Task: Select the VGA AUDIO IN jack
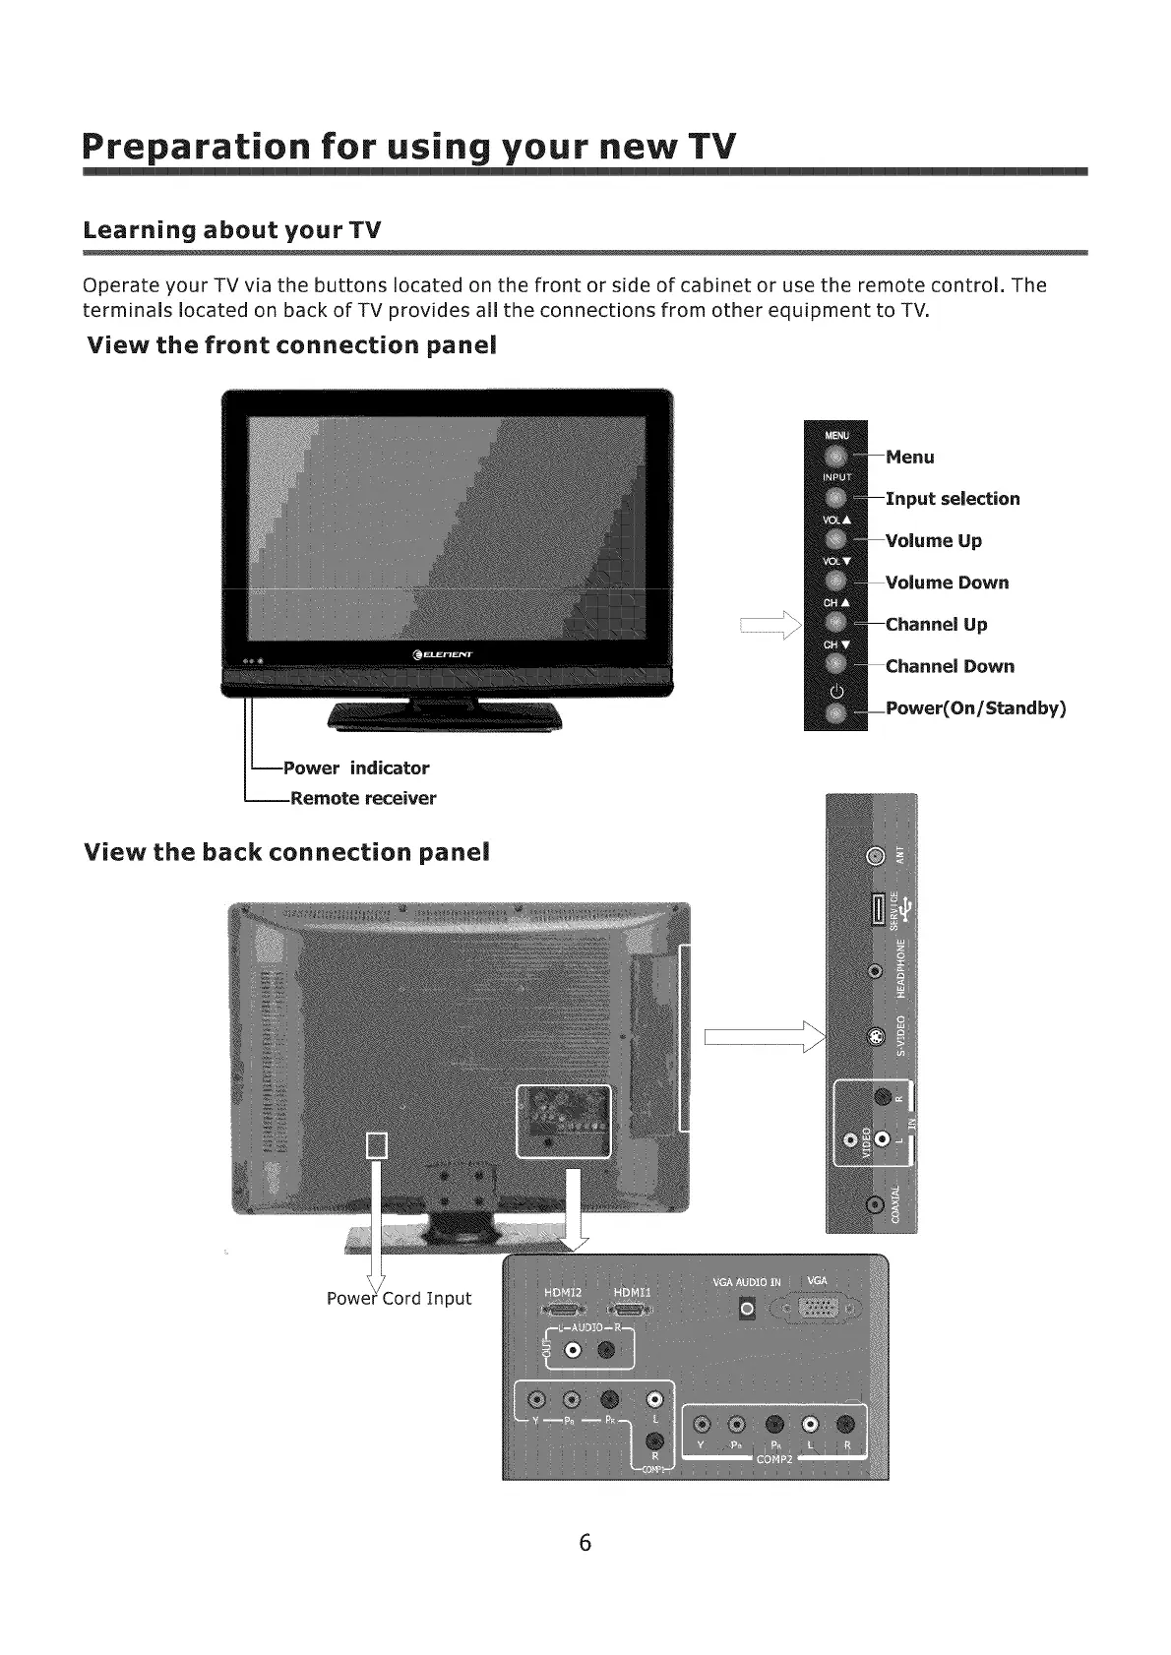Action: point(747,1309)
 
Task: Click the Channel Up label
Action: point(936,625)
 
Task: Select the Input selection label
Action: point(953,499)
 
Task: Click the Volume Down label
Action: point(947,582)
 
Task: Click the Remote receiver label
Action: point(362,798)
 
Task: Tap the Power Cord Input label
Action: point(399,1299)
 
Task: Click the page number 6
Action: point(585,1543)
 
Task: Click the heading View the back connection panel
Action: point(287,852)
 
